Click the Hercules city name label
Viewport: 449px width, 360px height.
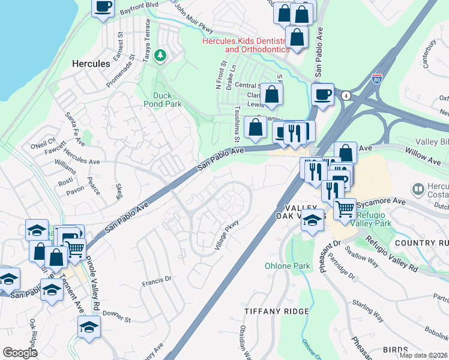click(x=91, y=64)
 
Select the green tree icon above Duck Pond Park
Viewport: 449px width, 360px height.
click(x=160, y=56)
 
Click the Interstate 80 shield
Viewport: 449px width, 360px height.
click(x=376, y=79)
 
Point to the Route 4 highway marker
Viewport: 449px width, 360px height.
click(x=346, y=95)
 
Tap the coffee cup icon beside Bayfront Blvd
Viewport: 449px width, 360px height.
click(x=103, y=7)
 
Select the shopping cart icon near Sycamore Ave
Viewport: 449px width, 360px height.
click(x=345, y=209)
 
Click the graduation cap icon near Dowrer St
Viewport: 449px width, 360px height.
click(x=89, y=327)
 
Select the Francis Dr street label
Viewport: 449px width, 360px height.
click(x=157, y=280)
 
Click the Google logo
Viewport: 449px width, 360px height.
click(x=20, y=353)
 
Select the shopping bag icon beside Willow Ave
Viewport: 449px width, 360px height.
click(x=345, y=153)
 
